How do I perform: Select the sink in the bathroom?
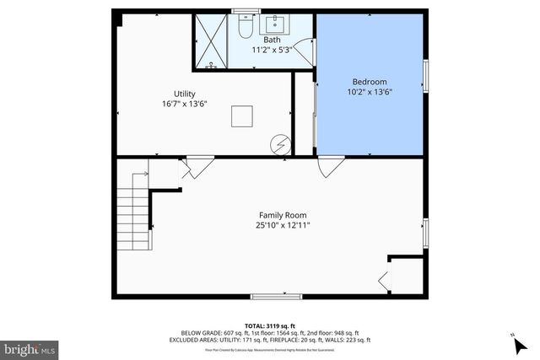coord(274,24)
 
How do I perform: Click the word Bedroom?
coord(369,83)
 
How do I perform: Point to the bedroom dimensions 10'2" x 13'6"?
coord(369,93)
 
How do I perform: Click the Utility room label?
coord(184,94)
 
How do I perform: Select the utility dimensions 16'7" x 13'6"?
coord(184,104)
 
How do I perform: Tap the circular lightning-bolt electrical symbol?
coord(280,145)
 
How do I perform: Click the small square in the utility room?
coord(243,116)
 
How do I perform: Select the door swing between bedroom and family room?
coord(330,167)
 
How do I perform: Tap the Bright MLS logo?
coord(30,347)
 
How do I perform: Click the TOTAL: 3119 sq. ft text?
coord(269,325)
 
